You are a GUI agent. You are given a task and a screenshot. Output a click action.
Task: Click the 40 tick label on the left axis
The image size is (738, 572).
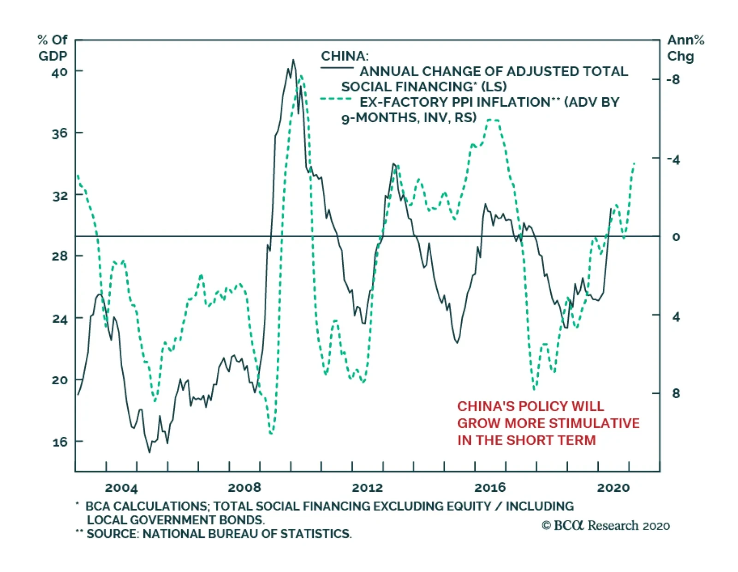click(x=59, y=72)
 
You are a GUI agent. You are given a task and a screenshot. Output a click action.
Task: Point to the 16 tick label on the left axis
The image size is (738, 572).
click(x=59, y=442)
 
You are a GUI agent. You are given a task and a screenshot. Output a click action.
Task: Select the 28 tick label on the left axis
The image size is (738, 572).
click(x=59, y=256)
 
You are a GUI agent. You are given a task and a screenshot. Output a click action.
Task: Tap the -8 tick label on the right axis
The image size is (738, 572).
click(x=673, y=80)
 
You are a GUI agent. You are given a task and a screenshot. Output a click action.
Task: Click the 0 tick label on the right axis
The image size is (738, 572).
click(x=676, y=237)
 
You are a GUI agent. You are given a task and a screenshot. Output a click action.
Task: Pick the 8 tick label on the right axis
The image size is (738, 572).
click(x=676, y=393)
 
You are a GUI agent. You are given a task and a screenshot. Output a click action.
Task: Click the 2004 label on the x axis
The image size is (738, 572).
click(x=121, y=488)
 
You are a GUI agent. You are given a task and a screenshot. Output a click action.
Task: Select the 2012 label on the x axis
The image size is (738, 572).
click(x=367, y=488)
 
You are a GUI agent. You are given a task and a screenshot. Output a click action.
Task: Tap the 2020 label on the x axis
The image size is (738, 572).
click(x=613, y=488)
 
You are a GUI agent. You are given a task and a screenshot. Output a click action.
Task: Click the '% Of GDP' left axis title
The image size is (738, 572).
click(x=52, y=48)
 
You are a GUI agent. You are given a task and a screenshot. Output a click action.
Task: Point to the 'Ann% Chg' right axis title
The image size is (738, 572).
click(x=685, y=48)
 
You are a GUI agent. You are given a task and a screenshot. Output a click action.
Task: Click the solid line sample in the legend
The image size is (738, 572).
click(x=337, y=68)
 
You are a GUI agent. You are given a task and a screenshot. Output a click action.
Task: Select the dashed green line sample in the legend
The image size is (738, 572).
click(x=337, y=99)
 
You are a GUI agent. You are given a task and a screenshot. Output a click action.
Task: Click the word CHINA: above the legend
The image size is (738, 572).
click(x=345, y=56)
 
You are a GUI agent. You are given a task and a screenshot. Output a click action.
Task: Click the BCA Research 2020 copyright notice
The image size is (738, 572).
click(x=606, y=525)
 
